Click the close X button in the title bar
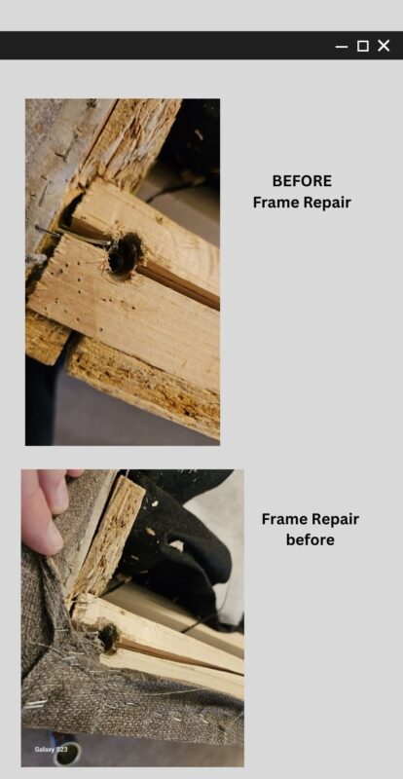click(x=384, y=46)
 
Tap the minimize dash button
click(x=342, y=47)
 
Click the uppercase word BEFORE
click(x=302, y=181)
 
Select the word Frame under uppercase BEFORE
click(x=274, y=203)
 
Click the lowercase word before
click(x=311, y=540)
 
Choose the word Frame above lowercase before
click(x=282, y=519)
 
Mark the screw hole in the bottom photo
click(x=108, y=638)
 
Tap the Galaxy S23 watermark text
click(x=52, y=749)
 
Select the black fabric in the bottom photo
click(x=179, y=541)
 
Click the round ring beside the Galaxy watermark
click(x=66, y=754)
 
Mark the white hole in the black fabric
click(x=176, y=545)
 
